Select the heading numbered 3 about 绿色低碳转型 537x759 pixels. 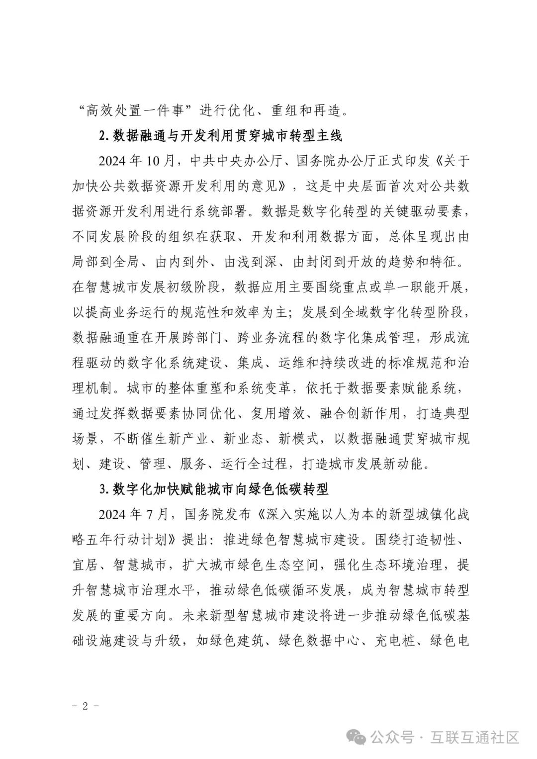(x=214, y=489)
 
